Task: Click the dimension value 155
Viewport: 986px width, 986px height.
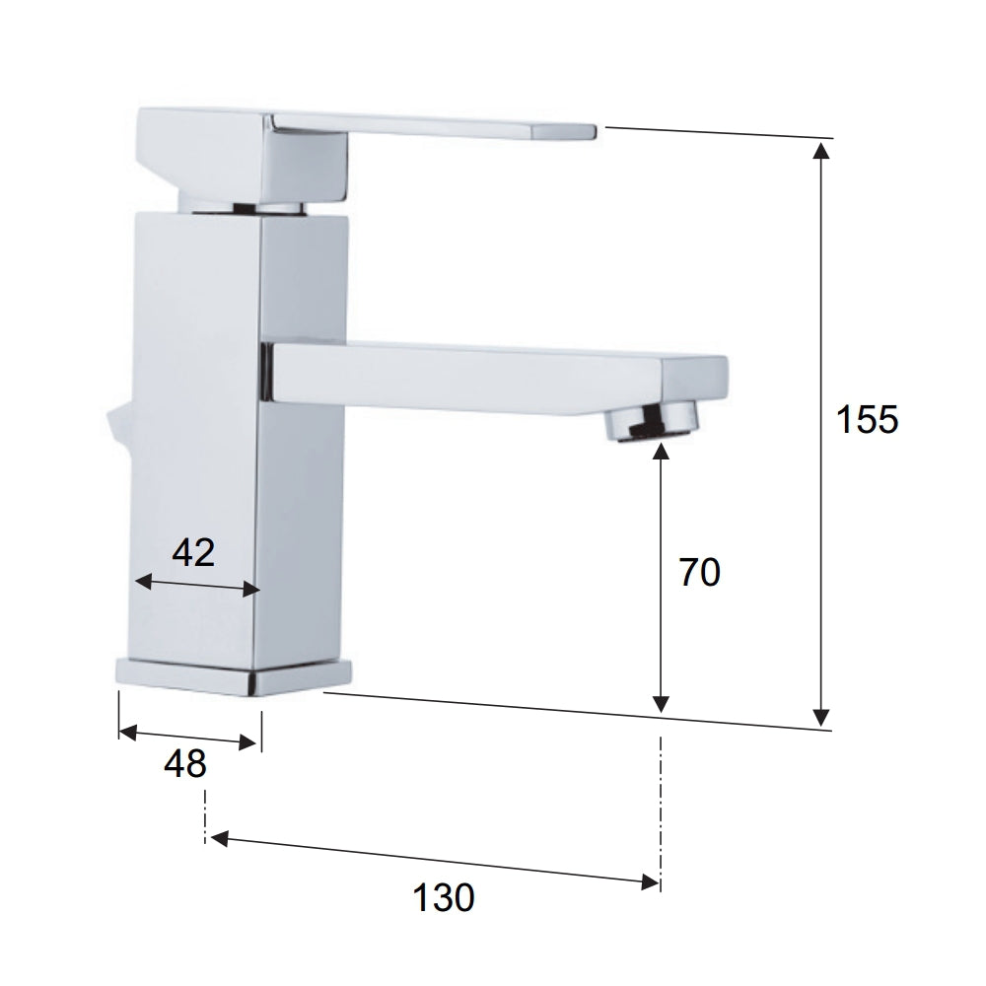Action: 867,420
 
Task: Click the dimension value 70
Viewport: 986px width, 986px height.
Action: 699,573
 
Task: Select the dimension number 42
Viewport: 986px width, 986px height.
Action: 193,553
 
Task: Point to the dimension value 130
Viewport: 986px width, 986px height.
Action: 444,897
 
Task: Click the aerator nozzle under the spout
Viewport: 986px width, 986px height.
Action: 653,422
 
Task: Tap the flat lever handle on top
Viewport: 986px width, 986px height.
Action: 434,126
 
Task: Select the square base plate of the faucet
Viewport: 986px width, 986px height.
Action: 234,675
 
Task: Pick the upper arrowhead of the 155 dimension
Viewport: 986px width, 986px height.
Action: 819,150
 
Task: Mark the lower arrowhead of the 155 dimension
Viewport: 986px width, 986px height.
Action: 819,717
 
